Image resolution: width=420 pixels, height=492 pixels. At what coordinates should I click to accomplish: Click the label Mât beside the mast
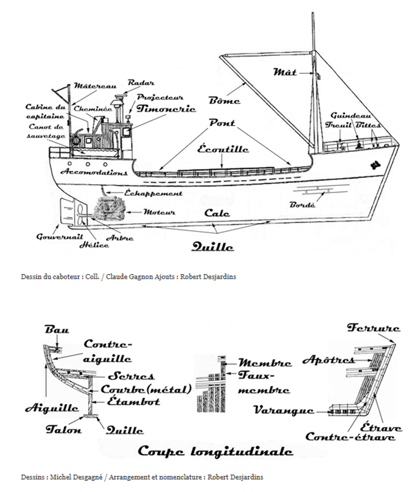click(285, 72)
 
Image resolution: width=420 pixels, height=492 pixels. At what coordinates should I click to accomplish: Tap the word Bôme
click(224, 101)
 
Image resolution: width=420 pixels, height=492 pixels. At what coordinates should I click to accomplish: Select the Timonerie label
click(166, 109)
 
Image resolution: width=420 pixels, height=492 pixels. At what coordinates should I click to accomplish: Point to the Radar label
click(141, 83)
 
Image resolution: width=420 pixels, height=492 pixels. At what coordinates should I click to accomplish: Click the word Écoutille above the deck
click(223, 149)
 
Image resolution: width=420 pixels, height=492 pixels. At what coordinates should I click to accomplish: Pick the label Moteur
click(159, 212)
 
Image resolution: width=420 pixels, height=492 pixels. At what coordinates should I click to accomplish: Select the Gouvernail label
click(60, 237)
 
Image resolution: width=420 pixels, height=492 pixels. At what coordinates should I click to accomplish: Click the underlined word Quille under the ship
click(213, 247)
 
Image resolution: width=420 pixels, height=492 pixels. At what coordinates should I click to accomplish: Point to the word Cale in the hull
click(217, 213)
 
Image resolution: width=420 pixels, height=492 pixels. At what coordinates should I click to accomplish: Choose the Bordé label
click(302, 205)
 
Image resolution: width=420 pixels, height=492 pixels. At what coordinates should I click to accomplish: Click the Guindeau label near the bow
click(350, 115)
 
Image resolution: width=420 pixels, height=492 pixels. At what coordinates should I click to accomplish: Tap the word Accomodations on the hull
click(94, 172)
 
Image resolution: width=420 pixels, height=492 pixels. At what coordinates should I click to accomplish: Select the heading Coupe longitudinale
click(215, 451)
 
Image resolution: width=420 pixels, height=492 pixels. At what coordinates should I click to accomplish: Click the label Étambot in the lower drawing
click(134, 401)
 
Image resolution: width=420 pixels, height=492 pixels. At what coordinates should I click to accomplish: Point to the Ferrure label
click(373, 328)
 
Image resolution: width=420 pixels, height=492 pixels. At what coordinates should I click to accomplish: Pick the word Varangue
click(284, 410)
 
